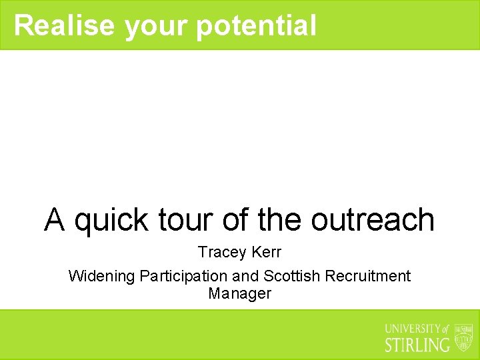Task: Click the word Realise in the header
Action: pyautogui.click(x=64, y=25)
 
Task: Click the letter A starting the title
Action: pyautogui.click(x=55, y=220)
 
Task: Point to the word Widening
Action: pyautogui.click(x=102, y=276)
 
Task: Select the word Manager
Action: pyautogui.click(x=240, y=293)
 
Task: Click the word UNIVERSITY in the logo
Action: pyautogui.click(x=413, y=329)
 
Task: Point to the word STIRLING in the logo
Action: pyautogui.click(x=418, y=345)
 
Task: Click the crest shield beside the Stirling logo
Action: pyautogui.click(x=463, y=337)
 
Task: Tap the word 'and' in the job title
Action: pyautogui.click(x=245, y=276)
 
